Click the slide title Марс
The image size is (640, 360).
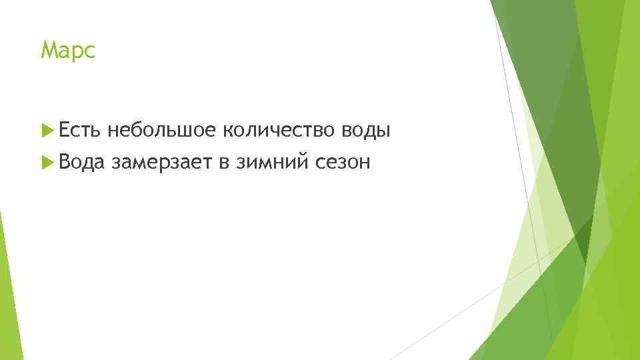click(69, 51)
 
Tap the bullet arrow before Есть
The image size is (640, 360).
click(46, 131)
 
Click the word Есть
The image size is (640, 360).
click(79, 131)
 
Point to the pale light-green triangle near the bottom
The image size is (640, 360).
click(527, 280)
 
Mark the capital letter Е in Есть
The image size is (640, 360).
click(64, 131)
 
